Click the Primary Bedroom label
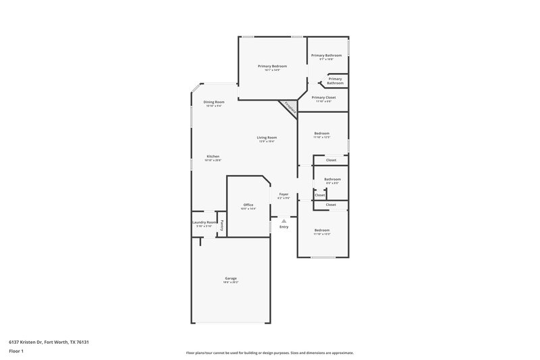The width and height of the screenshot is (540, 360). (x=272, y=66)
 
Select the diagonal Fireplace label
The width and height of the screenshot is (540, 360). (x=290, y=108)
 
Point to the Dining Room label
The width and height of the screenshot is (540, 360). (x=213, y=102)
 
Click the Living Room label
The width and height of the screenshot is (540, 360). (x=267, y=138)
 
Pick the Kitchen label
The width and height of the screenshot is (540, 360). (x=213, y=156)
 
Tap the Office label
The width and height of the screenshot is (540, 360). (x=248, y=205)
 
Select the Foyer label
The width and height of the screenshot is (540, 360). (x=284, y=195)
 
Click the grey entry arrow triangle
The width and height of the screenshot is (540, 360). (x=284, y=220)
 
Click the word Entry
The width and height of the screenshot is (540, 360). (x=284, y=227)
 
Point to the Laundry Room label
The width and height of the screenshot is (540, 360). (x=205, y=222)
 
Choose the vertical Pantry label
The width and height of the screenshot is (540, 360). (x=221, y=225)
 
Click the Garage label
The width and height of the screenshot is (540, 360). (x=231, y=278)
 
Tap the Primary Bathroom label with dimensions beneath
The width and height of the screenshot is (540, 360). (x=326, y=55)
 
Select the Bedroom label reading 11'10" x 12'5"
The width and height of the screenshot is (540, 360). (x=322, y=134)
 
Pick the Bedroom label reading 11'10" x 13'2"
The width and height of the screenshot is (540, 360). (x=322, y=230)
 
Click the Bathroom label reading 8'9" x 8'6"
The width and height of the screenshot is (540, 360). (x=332, y=179)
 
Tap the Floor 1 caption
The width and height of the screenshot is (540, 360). (x=16, y=352)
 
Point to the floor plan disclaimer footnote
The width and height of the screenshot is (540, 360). (x=270, y=353)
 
